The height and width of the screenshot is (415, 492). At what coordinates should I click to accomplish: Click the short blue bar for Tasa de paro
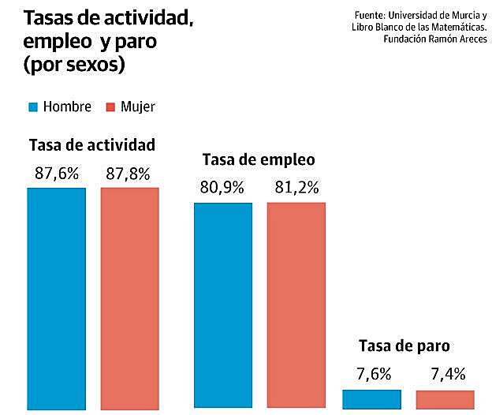click(x=371, y=399)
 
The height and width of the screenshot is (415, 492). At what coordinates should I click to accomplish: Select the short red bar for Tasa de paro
click(x=445, y=399)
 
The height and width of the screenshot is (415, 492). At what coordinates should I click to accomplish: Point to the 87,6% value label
click(x=57, y=174)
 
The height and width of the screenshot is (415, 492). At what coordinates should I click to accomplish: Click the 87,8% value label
click(x=128, y=174)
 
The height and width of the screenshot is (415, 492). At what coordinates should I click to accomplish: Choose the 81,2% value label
click(x=296, y=189)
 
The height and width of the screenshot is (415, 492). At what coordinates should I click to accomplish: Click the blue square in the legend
click(x=32, y=107)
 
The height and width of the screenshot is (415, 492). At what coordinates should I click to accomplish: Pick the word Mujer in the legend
click(x=138, y=107)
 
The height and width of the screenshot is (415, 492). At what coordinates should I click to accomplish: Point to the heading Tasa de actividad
click(x=91, y=145)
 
